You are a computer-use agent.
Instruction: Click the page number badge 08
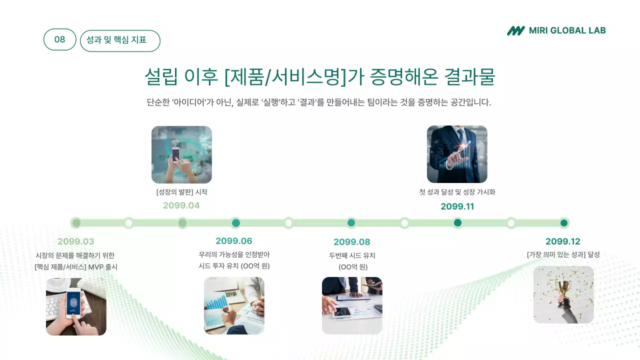click(59, 39)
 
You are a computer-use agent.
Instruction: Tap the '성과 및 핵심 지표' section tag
click(119, 40)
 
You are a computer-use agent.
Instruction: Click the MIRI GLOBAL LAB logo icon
click(515, 31)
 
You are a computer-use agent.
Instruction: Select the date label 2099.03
click(76, 241)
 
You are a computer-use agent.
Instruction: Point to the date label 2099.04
click(181, 205)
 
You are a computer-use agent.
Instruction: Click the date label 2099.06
click(234, 241)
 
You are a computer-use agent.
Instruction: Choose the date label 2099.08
click(352, 242)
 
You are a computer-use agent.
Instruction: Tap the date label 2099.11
click(457, 206)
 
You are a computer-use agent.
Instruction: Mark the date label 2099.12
click(563, 241)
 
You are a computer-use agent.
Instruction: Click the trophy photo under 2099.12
click(563, 294)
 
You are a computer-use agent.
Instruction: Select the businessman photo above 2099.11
click(457, 154)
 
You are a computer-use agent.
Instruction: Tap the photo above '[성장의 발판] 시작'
click(181, 154)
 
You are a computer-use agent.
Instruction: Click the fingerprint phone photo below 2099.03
click(76, 306)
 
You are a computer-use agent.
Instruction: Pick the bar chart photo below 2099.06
click(234, 305)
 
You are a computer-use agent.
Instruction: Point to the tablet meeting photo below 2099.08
click(352, 305)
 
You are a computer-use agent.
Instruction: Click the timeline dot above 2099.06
click(236, 223)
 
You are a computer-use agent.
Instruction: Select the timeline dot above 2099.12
click(564, 223)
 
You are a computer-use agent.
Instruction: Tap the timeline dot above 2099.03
click(76, 223)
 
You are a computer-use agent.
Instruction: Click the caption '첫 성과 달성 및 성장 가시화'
click(457, 192)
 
